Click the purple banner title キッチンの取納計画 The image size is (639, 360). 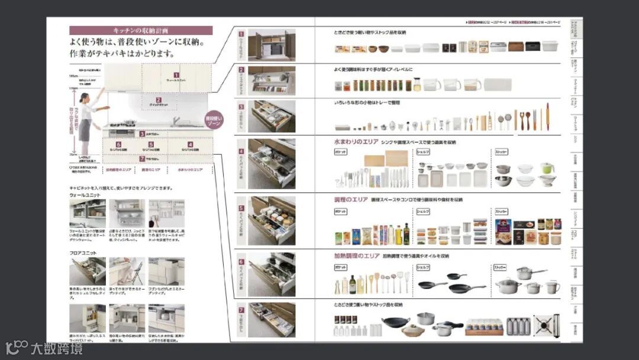(x=141, y=30)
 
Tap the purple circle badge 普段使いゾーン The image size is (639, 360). (x=214, y=121)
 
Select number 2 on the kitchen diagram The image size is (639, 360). (x=159, y=100)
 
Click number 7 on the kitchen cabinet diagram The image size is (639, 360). (x=142, y=159)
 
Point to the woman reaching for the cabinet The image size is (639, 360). (x=88, y=121)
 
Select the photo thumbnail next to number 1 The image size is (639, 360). (x=272, y=46)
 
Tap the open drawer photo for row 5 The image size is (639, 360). (x=272, y=221)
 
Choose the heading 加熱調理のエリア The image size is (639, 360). (x=357, y=256)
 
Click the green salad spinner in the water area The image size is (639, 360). (x=547, y=168)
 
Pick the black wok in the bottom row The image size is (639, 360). (x=395, y=323)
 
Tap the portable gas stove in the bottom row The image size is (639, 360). (x=547, y=325)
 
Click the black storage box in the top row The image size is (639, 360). (x=532, y=46)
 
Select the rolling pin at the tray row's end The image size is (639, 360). (x=547, y=117)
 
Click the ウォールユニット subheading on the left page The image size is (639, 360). (x=85, y=195)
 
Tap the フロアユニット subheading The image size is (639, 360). (x=83, y=253)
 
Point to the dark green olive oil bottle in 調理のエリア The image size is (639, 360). (x=406, y=234)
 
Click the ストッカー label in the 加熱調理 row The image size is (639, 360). (x=502, y=268)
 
